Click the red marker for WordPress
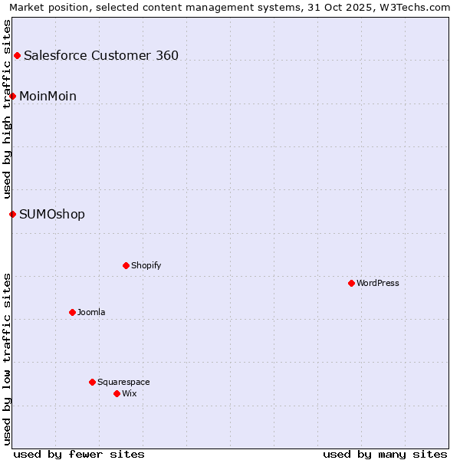[351, 283]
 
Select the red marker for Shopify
[126, 265]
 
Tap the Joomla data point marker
[72, 312]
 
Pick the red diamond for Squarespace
[92, 382]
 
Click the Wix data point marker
[117, 393]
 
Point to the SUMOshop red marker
[12, 214]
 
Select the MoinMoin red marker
[12, 96]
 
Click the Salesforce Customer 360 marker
[17, 55]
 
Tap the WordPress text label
[378, 283]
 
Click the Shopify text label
[146, 265]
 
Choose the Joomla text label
[91, 312]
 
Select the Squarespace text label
[123, 382]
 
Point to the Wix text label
[130, 393]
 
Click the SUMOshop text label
[52, 214]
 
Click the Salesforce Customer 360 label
[101, 55]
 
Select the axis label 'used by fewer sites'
[79, 454]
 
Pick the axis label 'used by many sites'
[385, 454]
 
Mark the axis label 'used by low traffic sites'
[8, 359]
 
